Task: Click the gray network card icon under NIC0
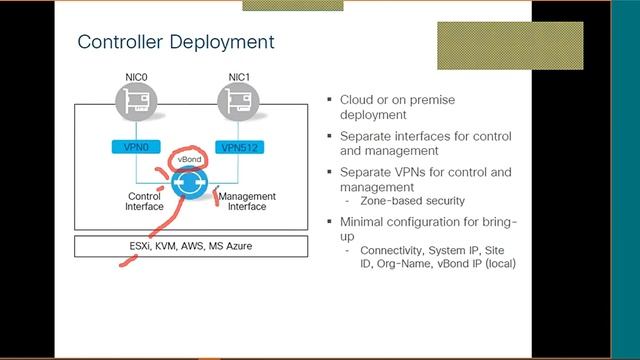134,102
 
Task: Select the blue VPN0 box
134,147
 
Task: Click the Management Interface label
246,202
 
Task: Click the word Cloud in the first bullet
357,100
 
